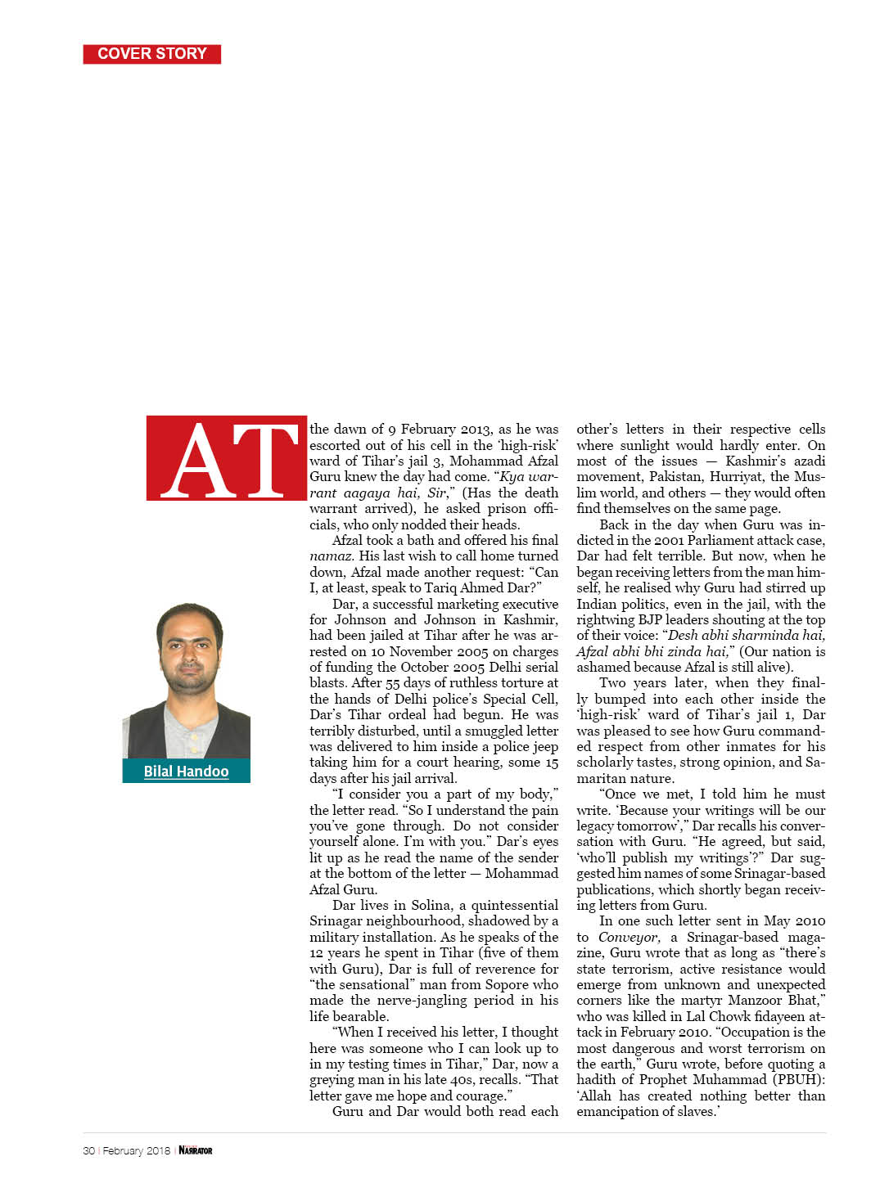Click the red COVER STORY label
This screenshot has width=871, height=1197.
152,54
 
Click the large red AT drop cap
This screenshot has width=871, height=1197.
227,459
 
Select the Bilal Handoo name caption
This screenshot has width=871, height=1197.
186,772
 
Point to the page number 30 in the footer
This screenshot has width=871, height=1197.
88,1150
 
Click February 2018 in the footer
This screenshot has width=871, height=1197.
137,1150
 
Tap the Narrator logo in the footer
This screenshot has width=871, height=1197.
196,1150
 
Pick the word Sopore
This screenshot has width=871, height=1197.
508,984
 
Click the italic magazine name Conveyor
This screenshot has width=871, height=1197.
629,937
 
